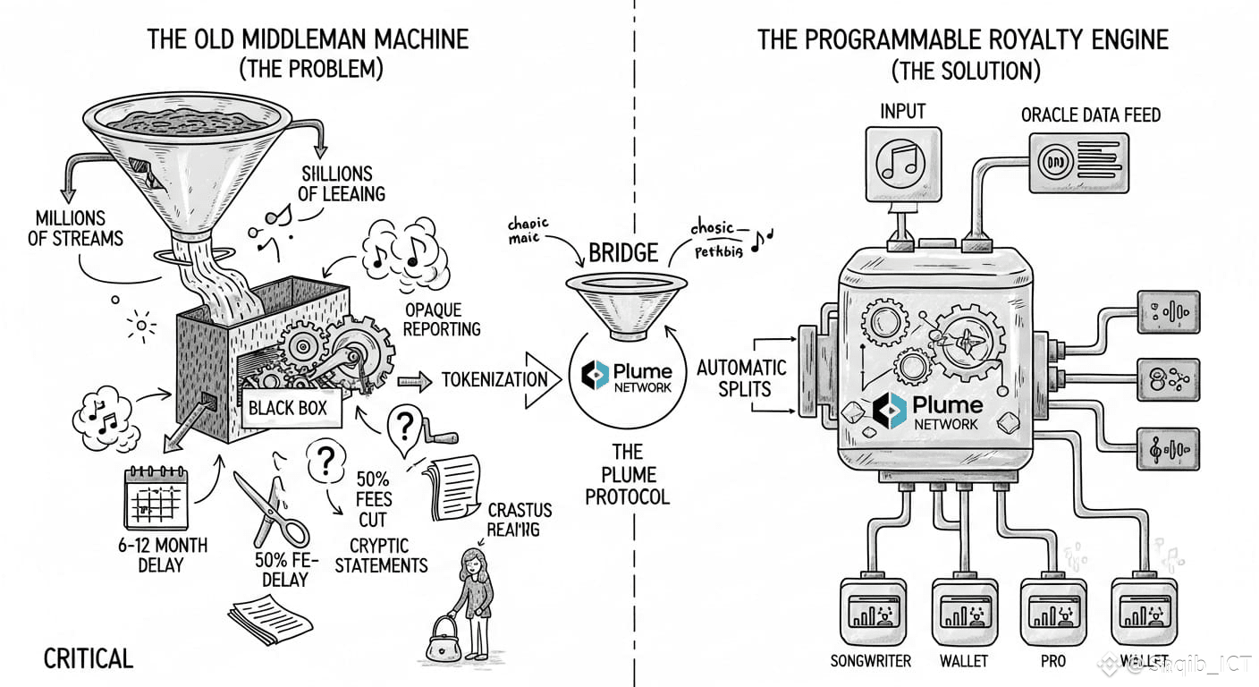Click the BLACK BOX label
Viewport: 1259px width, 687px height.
[x=288, y=408]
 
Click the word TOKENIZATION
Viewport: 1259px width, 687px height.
[x=494, y=380]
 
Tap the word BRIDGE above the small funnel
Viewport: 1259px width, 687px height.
[x=623, y=253]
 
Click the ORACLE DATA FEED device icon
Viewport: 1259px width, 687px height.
[x=1078, y=163]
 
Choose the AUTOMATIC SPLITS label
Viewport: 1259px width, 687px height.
[x=741, y=378]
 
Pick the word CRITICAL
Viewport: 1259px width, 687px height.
[x=89, y=659]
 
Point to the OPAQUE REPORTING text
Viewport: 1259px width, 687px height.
[x=442, y=319]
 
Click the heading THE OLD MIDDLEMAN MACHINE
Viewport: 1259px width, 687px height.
[x=308, y=39]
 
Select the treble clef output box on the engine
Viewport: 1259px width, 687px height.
[x=1168, y=448]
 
